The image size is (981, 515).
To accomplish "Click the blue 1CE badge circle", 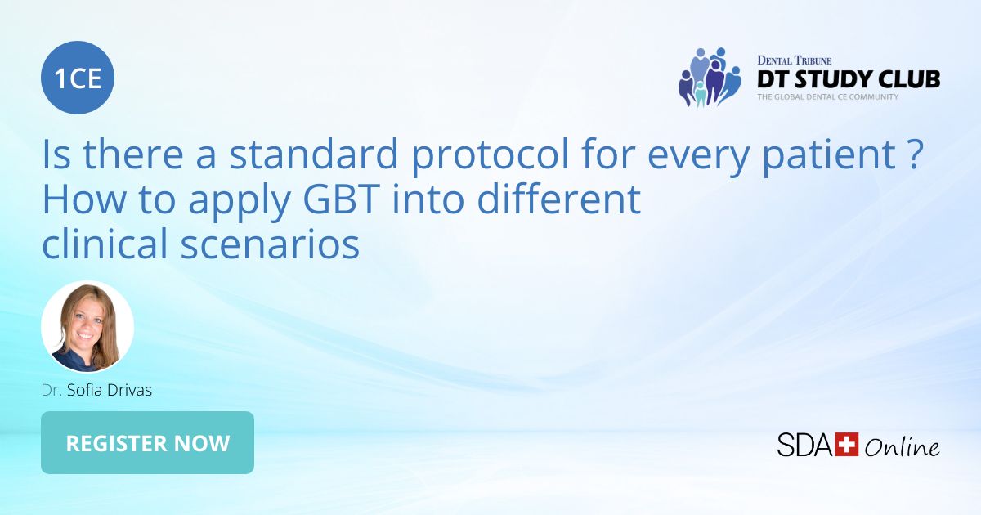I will pos(78,78).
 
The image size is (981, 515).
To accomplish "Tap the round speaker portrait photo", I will pos(87,327).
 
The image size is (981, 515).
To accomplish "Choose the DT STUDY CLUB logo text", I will pos(848,79).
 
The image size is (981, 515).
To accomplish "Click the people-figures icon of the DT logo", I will pos(708,78).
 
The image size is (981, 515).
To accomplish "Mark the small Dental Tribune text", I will pos(795,60).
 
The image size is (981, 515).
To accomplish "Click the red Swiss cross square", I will pos(847,445).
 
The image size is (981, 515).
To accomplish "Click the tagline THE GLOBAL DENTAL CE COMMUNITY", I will pos(827,96).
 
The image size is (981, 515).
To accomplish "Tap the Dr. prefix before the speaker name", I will pos(52,390).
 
